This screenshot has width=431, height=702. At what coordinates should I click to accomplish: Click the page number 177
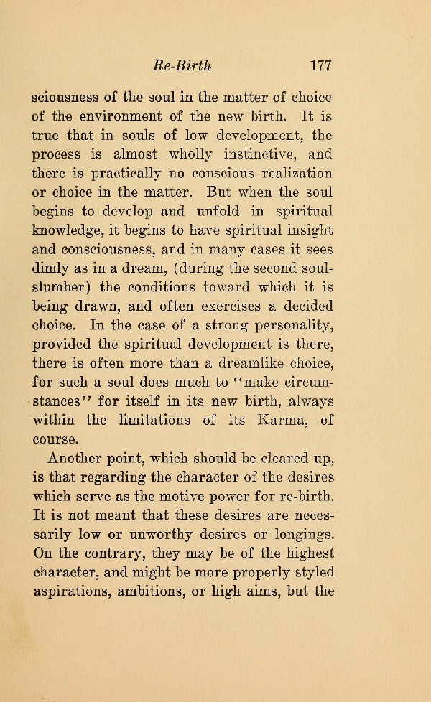point(320,66)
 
